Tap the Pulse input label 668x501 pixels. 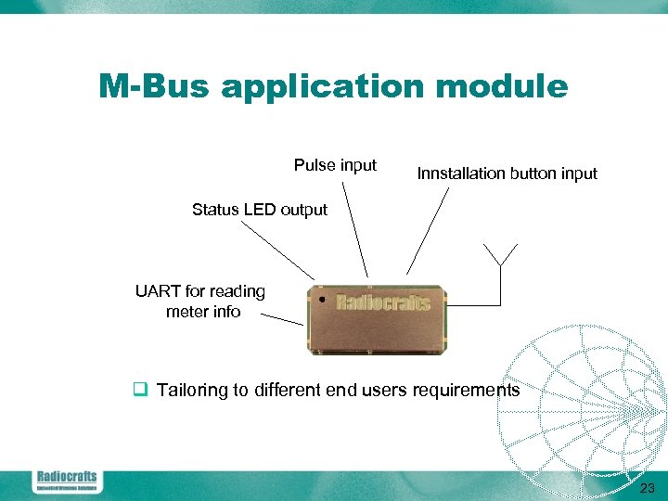335,165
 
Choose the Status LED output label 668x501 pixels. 260,210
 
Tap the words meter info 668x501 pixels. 203,312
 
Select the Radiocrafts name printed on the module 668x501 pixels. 382,302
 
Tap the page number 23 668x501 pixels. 648,488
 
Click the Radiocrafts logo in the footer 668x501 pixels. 66,481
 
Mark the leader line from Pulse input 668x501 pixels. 354,228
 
